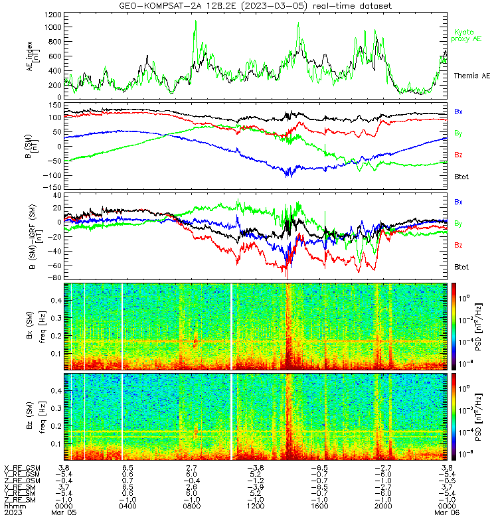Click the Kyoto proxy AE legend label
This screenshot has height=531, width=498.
coord(466,36)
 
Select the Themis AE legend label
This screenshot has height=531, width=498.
coord(472,76)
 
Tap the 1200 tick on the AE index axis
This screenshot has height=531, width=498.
coord(53,15)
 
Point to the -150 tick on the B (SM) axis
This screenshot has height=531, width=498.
coord(52,187)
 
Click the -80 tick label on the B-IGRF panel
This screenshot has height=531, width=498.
coord(56,277)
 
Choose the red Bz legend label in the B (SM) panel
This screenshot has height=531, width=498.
coord(458,155)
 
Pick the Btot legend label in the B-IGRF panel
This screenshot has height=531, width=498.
coord(461,267)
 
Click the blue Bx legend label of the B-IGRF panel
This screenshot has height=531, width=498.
coord(458,202)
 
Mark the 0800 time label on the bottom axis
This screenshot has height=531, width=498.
coord(191,506)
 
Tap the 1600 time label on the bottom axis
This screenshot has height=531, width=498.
coord(319,506)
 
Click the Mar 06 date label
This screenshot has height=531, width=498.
coord(447,512)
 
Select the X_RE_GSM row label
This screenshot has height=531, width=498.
coord(22,468)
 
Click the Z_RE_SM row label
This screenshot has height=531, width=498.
coord(20,500)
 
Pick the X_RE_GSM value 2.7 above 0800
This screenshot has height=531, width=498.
coord(191,468)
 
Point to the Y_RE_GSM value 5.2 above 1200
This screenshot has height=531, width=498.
coord(256,475)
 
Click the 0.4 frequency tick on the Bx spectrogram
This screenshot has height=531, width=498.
coord(56,301)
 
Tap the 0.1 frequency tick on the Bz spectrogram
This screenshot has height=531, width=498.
coord(56,443)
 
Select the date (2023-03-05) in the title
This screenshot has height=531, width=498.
coord(273,6)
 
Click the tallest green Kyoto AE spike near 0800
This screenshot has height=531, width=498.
coord(195,21)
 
